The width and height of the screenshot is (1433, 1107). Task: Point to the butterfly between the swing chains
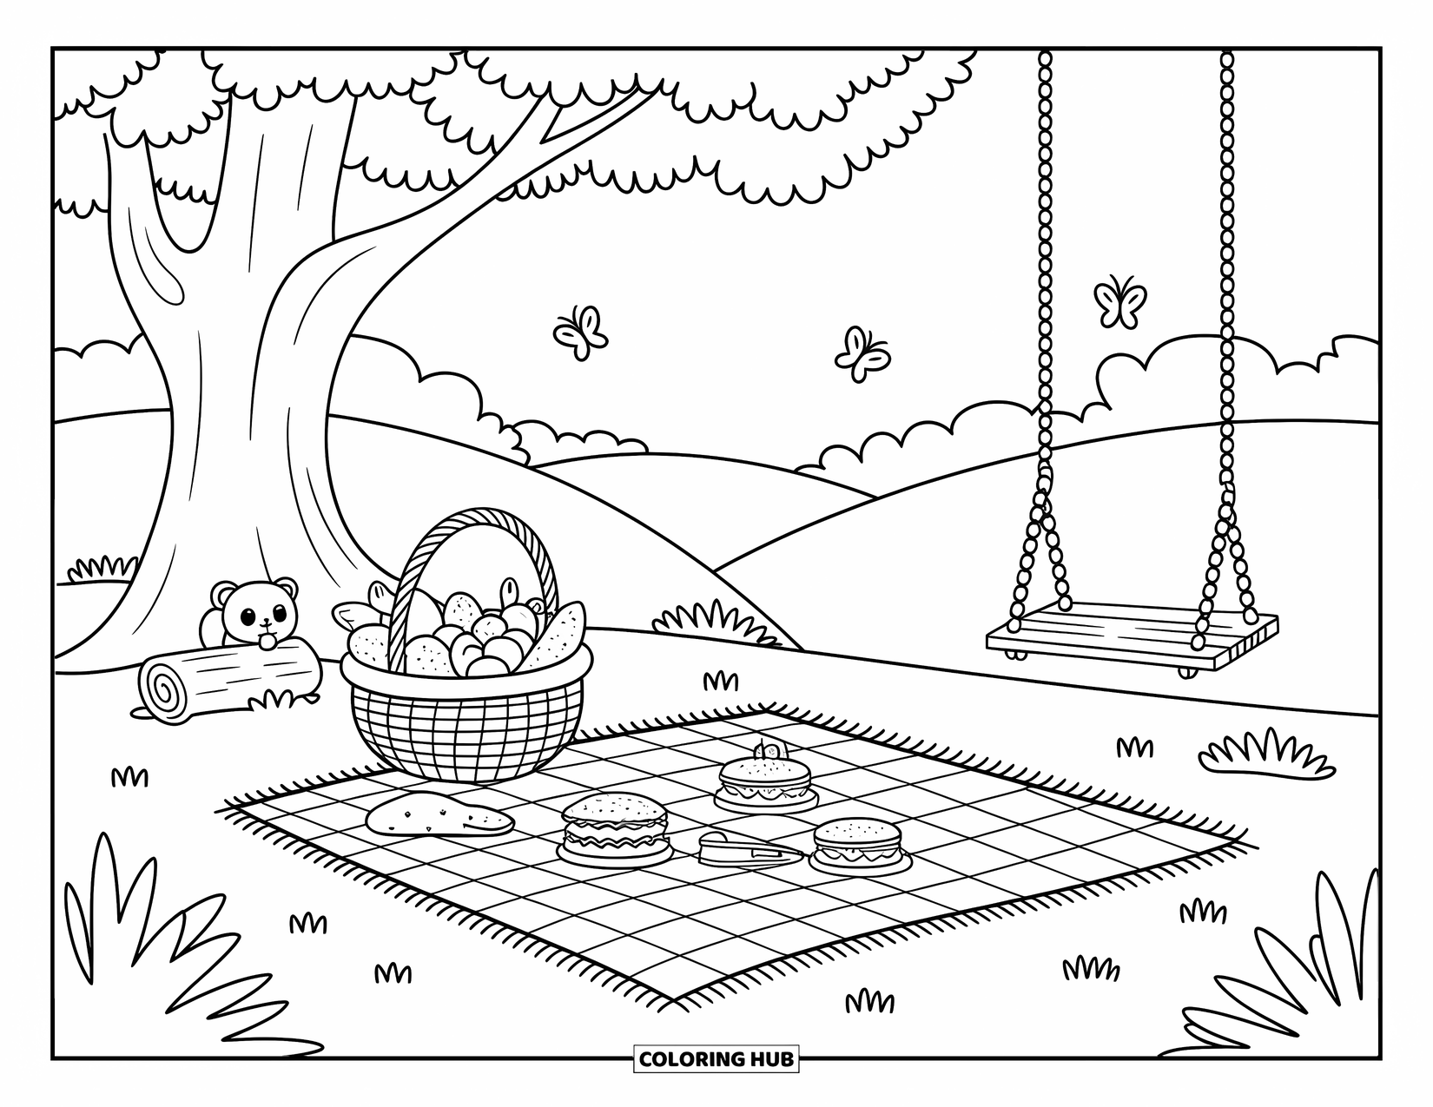[x=1119, y=301]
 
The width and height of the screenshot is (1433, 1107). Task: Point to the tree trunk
[x=252, y=391]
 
